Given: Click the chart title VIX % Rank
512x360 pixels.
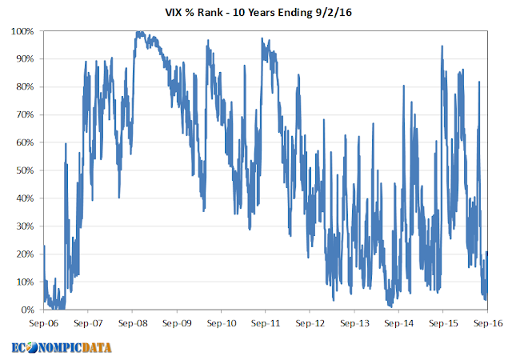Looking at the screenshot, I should click(x=256, y=12).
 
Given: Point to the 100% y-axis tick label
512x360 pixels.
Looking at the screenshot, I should click(x=22, y=31).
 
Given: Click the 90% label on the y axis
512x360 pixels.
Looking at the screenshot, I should click(x=24, y=59).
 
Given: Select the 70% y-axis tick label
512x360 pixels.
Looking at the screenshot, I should click(x=24, y=114).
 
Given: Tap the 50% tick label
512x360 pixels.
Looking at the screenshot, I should click(x=24, y=170).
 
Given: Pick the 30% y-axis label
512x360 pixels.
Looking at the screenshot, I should click(x=24, y=226).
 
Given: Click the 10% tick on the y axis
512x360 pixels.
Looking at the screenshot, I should click(x=24, y=282).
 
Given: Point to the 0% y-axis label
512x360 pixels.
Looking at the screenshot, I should click(x=26, y=310).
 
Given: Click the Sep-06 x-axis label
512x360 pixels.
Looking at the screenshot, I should click(x=43, y=324).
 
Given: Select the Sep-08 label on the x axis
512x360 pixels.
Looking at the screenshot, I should click(x=132, y=324).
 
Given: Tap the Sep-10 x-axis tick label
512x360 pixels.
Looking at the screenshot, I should click(x=222, y=324).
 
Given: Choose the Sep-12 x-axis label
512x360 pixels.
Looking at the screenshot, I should click(x=310, y=324).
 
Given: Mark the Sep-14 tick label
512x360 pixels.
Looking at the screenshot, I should click(x=398, y=324).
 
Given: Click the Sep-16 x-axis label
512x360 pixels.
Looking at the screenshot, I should click(x=488, y=324).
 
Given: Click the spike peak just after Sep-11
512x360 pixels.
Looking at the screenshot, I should click(x=262, y=38).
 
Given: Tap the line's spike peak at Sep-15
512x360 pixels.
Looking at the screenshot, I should click(x=442, y=46).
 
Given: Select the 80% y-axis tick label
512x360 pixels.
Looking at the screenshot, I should click(x=24, y=86).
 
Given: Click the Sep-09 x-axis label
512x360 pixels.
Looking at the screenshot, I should click(x=177, y=324).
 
